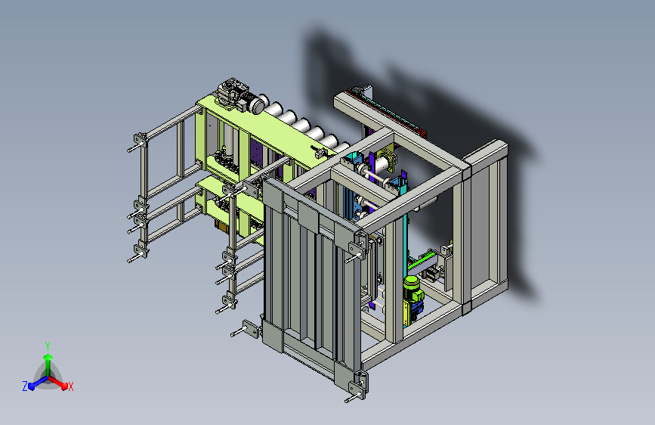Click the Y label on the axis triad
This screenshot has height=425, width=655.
[x=48, y=346]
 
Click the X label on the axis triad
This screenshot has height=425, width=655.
[x=70, y=386]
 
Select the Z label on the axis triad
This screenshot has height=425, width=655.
[x=25, y=386]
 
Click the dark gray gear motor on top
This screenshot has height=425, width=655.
[x=232, y=94]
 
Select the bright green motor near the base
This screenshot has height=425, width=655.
[x=413, y=289]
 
